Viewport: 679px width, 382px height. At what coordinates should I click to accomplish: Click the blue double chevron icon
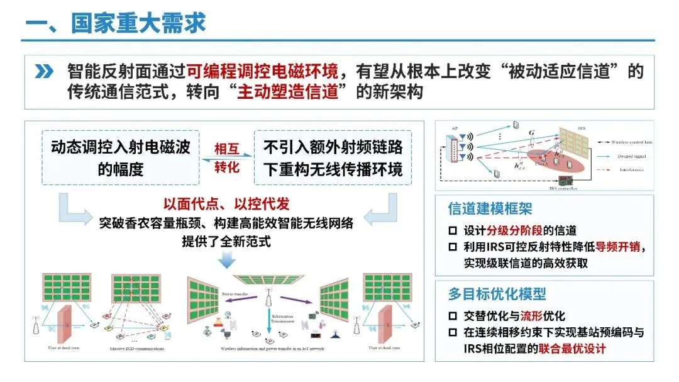(43, 71)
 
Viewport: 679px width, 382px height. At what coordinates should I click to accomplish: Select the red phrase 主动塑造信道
(292, 92)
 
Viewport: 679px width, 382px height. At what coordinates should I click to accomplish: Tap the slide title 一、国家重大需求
(116, 23)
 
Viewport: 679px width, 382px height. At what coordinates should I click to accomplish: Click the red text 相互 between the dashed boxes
(226, 149)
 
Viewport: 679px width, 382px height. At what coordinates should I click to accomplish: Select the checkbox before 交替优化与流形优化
(453, 316)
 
